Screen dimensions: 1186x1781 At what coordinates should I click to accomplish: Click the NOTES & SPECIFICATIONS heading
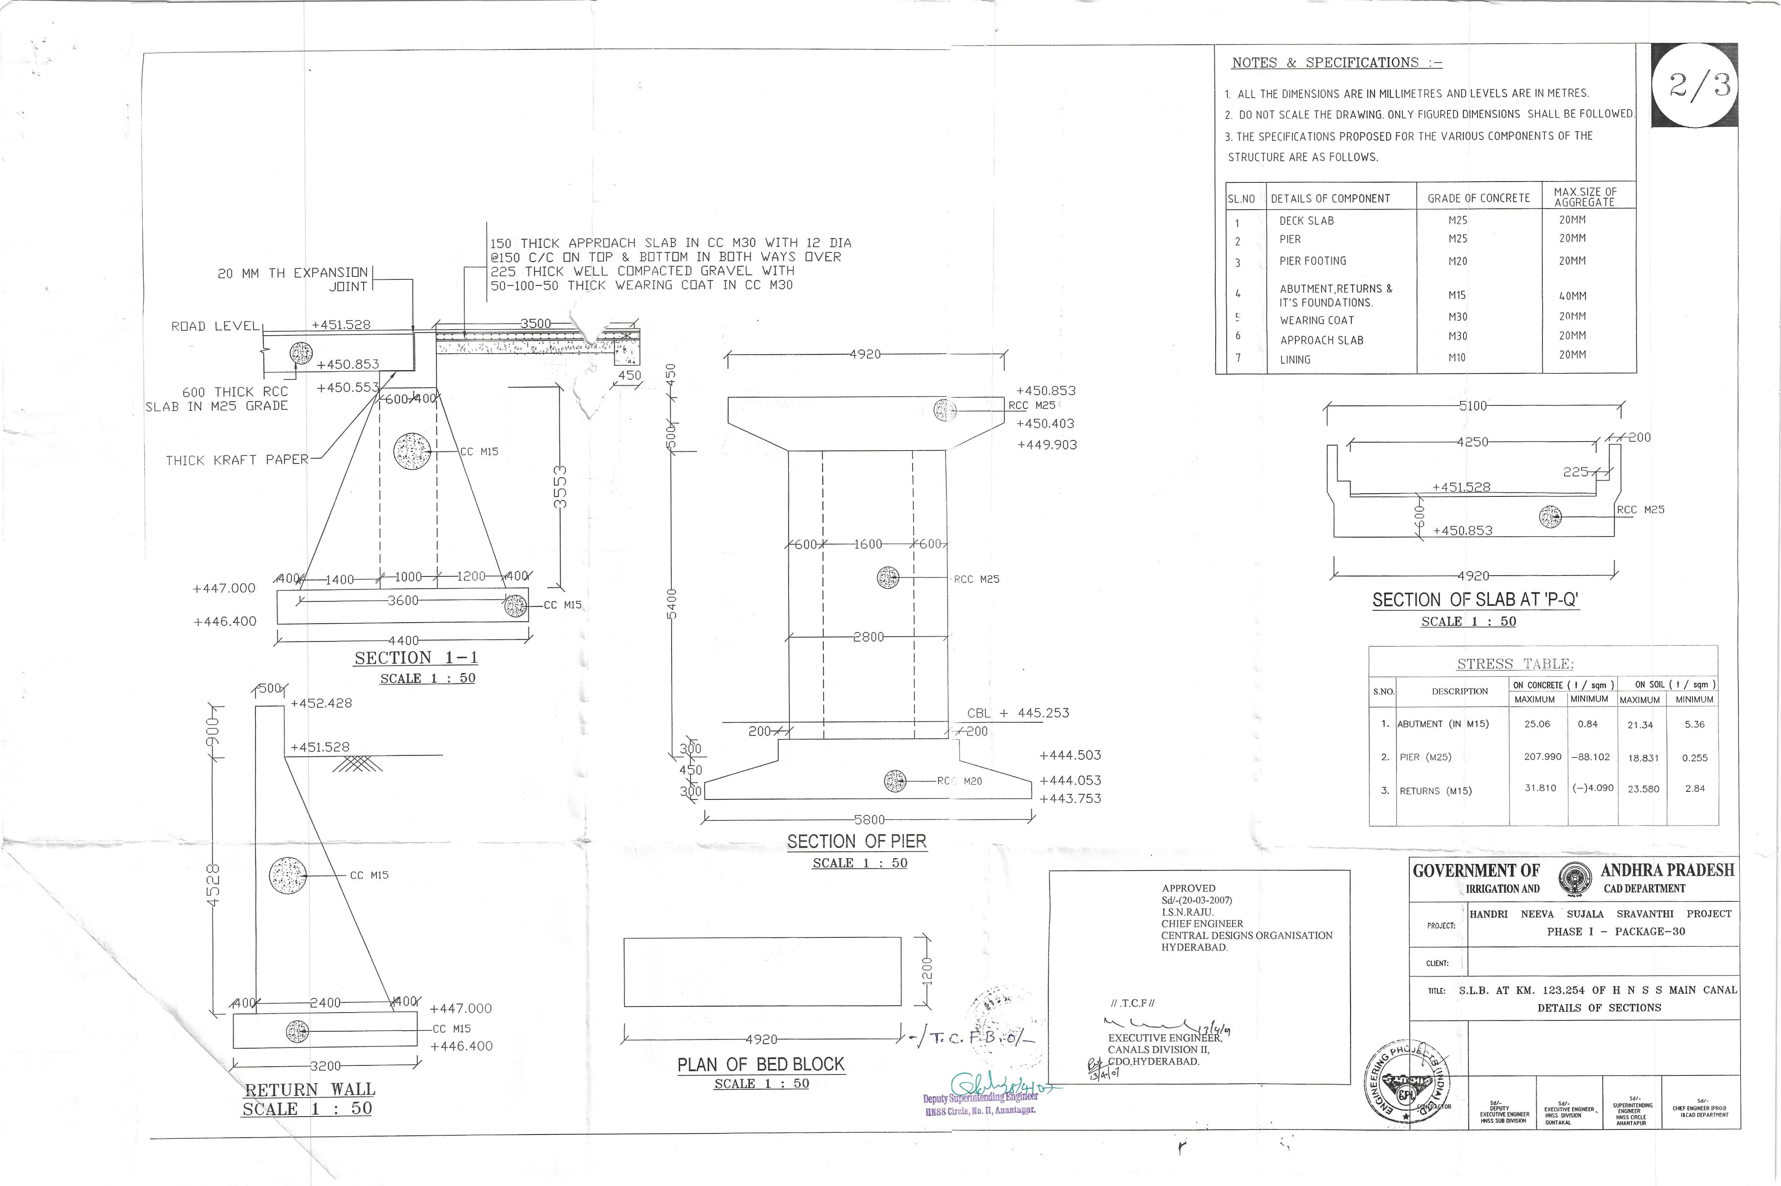1336,63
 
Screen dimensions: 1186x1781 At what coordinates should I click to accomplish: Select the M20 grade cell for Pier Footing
1457,261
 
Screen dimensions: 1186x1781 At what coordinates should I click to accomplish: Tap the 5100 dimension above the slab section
1472,406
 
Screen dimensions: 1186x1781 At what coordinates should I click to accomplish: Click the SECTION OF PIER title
856,841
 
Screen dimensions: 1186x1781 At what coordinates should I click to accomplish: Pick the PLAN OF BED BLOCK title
760,1064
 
